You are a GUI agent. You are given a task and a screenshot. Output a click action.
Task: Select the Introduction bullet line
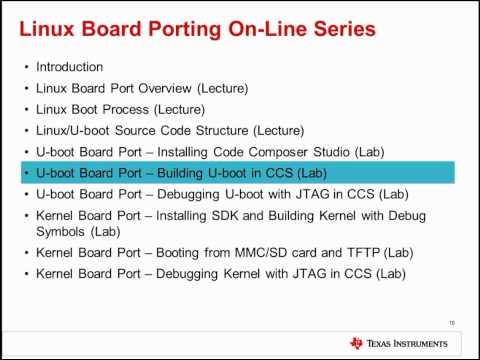click(70, 67)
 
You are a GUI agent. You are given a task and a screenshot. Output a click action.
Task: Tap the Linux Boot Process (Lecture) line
click(120, 109)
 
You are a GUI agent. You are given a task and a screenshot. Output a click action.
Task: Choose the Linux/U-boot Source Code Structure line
click(170, 130)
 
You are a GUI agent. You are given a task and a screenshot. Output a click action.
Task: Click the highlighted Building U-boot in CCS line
click(186, 173)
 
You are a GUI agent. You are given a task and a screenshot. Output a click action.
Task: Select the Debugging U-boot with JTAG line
click(208, 194)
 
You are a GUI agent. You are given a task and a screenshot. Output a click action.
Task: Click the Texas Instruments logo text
click(411, 343)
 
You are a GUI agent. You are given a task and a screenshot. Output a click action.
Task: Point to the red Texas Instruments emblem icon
click(356, 343)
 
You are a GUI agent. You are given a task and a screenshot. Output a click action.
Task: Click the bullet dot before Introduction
click(26, 67)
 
